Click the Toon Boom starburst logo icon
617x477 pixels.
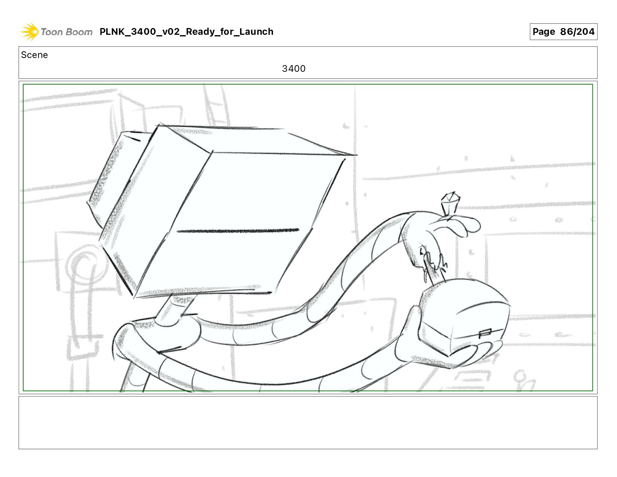tap(29, 31)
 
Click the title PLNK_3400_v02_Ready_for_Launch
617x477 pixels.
tap(186, 31)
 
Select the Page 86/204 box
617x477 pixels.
tap(563, 31)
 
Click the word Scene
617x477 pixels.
tap(34, 55)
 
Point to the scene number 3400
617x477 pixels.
tap(294, 68)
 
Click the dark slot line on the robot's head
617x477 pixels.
tap(238, 231)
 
